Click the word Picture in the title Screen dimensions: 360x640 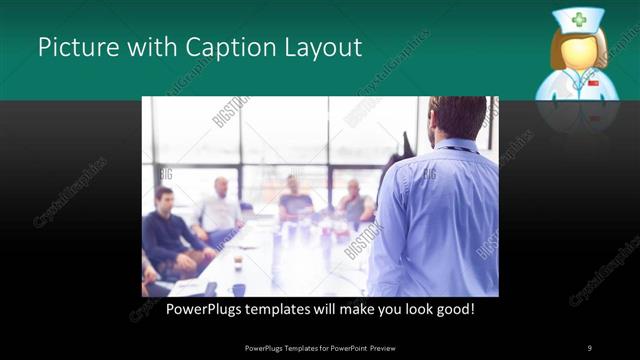71,47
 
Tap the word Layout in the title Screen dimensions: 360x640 318,47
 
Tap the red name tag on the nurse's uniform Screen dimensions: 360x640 593,83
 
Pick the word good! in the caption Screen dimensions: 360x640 455,310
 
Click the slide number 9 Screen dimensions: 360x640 590,347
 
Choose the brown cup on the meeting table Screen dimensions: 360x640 238,261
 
